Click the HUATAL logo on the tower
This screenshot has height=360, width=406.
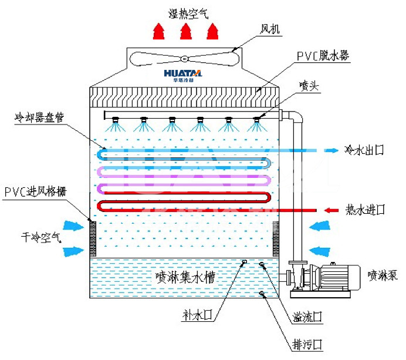(x=183, y=75)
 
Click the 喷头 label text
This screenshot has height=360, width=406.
(x=307, y=86)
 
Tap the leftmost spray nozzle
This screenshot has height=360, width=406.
(x=116, y=122)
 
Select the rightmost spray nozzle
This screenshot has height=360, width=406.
(x=256, y=122)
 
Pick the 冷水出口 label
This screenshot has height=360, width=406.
(x=364, y=150)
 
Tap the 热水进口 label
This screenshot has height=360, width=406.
(x=365, y=209)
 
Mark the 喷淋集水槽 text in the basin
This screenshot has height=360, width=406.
(x=184, y=277)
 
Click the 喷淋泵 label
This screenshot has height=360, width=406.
(x=383, y=274)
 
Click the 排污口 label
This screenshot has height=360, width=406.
(x=306, y=344)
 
